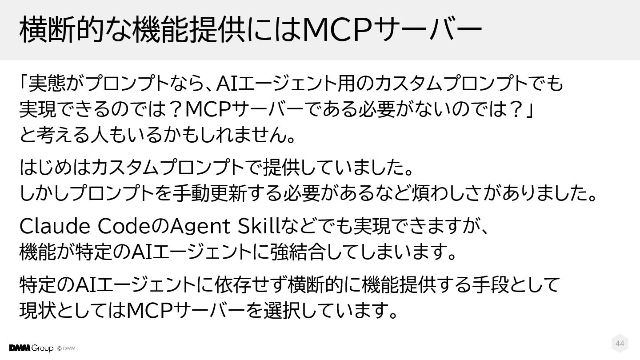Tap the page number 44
[620, 344]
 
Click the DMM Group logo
[31, 348]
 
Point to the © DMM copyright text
[66, 348]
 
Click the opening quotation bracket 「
[24, 83]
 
